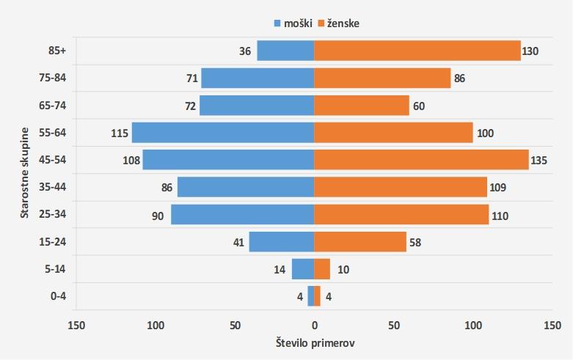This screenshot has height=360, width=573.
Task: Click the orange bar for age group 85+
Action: (417, 51)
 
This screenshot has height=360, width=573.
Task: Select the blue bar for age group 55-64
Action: (223, 133)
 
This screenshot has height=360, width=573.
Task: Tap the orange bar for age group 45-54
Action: (421, 160)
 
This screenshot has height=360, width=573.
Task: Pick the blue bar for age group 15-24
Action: (282, 242)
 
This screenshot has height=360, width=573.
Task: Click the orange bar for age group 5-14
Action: (322, 269)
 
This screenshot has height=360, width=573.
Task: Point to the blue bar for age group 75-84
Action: (258, 78)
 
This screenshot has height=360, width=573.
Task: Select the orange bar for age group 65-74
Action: (362, 106)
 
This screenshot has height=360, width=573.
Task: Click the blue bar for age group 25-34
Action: (242, 215)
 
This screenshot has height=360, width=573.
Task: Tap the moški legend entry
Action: (293, 23)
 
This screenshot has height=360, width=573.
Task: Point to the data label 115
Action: (120, 133)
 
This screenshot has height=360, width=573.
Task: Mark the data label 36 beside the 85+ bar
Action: (245, 51)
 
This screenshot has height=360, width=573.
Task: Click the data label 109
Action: (499, 188)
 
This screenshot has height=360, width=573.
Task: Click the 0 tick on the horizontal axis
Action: (314, 324)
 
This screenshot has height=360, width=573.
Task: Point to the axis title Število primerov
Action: (315, 343)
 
